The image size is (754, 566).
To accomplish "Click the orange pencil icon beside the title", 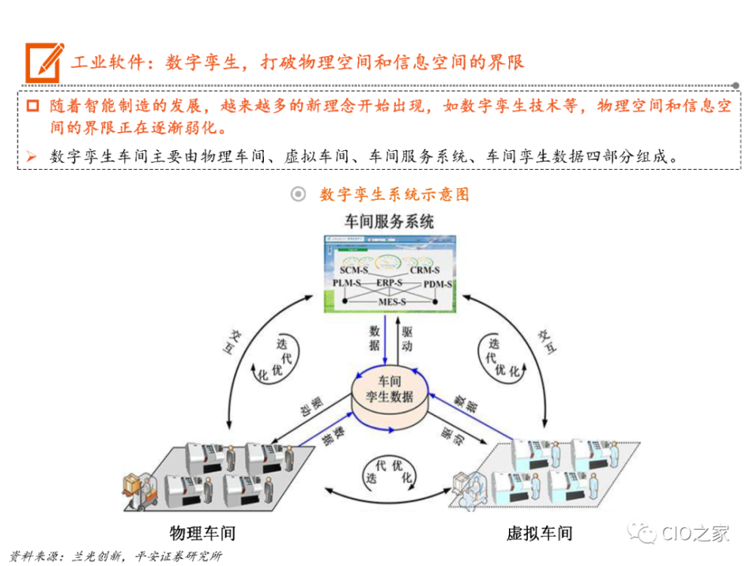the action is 44,62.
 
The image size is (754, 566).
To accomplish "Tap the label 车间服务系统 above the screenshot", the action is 389,222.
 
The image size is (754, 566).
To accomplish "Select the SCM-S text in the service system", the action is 354,270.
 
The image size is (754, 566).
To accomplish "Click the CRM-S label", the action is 425,270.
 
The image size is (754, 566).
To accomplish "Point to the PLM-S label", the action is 347,283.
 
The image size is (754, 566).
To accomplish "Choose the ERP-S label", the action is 389,282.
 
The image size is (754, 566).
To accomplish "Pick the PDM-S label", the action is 437,284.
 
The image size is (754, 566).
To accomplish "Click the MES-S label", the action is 392,302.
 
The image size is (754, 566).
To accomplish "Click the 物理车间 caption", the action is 202,534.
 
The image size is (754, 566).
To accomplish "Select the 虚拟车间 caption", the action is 540,534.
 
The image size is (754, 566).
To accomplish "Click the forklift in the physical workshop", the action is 140,491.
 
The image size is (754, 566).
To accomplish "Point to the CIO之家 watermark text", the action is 695,534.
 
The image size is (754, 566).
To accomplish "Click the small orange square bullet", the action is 32,106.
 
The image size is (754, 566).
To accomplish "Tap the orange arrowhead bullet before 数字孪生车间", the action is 31,156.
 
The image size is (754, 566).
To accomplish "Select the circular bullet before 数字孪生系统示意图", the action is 298,194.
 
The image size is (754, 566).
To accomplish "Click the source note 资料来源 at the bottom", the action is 116,556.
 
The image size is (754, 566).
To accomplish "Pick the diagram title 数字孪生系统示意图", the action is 394,195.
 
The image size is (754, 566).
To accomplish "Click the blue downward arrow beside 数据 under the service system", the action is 385,340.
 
